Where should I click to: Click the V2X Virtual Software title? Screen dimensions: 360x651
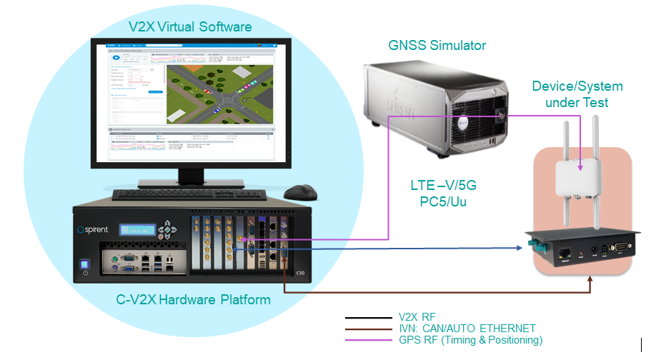pos(190,27)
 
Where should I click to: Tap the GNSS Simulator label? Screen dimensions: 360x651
pos(437,46)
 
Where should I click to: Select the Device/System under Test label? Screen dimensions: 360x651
pos(577,94)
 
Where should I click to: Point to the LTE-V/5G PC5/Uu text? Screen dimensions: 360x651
pos(443,194)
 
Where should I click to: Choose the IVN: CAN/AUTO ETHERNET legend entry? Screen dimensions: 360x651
pos(467,328)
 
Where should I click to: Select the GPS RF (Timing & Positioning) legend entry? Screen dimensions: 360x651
pos(470,340)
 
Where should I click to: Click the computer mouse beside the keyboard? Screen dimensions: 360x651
pos(300,192)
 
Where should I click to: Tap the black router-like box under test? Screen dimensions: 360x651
pos(582,250)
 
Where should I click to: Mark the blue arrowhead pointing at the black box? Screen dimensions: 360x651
pos(518,248)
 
